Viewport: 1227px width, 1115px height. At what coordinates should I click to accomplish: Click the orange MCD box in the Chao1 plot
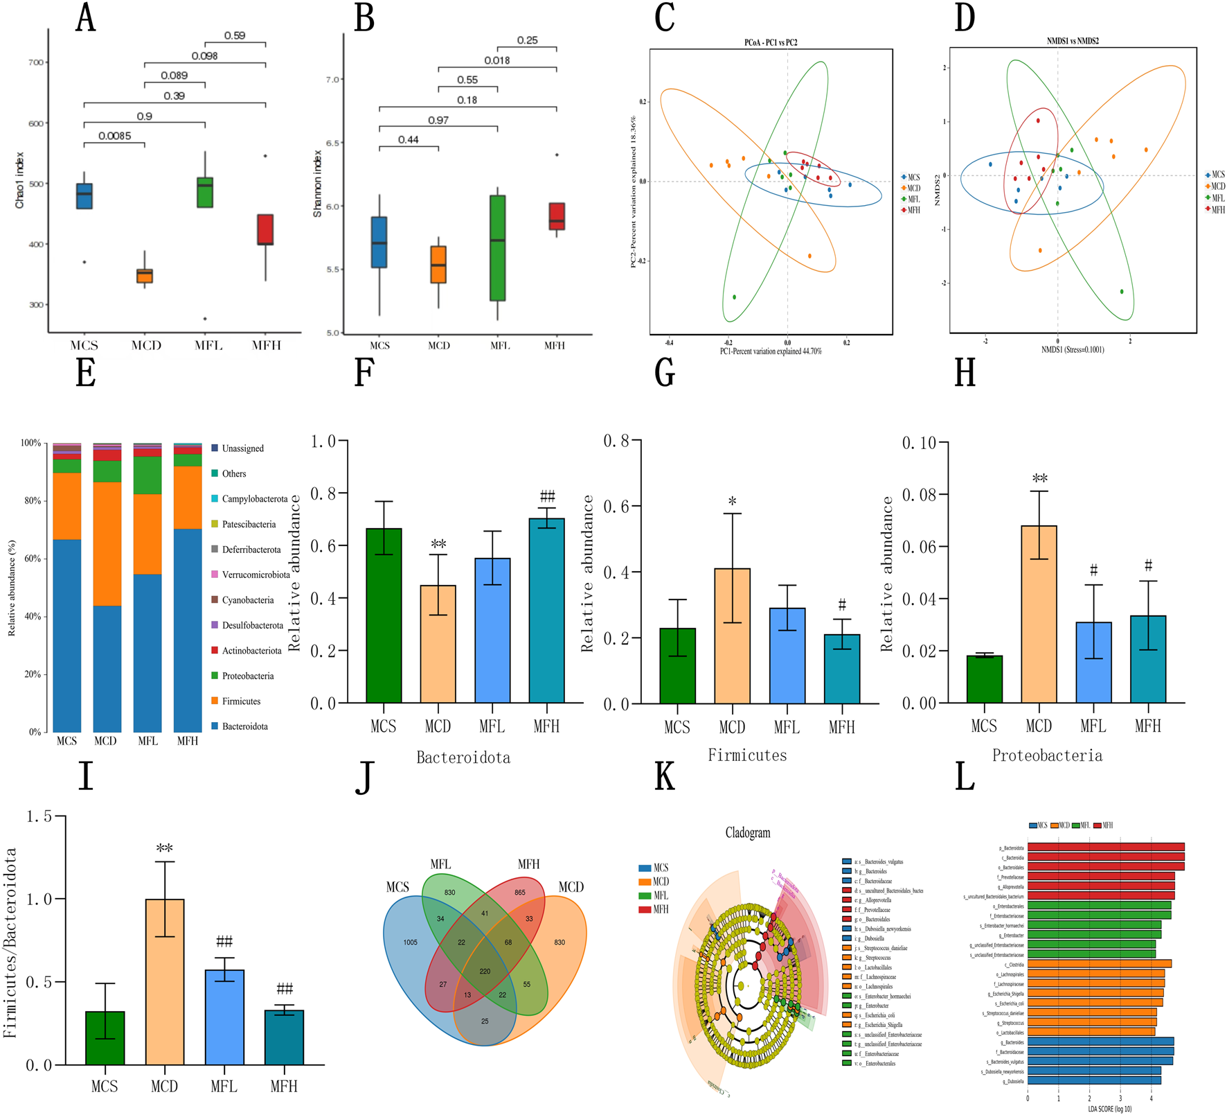144,276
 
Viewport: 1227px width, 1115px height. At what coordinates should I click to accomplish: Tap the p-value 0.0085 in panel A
114,136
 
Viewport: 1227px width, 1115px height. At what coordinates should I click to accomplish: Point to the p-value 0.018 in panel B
497,60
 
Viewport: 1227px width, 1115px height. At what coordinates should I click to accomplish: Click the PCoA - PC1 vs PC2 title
771,42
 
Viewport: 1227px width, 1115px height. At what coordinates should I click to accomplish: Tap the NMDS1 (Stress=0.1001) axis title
1073,350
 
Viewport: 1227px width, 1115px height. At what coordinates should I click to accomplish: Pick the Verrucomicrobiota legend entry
256,574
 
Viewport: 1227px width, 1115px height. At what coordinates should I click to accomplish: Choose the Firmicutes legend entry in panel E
241,701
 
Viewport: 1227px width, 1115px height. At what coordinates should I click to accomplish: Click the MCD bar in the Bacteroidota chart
438,644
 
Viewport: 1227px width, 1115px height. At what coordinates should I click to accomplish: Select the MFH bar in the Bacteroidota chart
546,610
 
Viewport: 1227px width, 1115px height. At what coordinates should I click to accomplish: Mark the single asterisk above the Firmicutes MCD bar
732,502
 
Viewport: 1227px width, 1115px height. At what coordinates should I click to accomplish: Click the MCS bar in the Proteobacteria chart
984,679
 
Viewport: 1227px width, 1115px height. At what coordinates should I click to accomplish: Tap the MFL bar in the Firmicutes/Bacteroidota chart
224,1017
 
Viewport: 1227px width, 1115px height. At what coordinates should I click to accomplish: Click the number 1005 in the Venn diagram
411,942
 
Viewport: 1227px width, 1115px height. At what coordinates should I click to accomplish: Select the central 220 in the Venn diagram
485,972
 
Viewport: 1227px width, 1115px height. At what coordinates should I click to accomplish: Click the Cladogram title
747,833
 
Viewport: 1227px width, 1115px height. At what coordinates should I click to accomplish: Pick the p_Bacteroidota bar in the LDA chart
1105,848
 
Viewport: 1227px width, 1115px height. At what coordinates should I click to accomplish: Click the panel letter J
365,778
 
